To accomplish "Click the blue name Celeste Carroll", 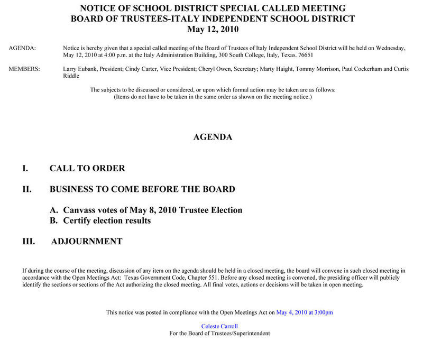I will [219, 326].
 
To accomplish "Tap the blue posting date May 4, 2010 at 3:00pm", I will [305, 312].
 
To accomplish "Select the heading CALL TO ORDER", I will [87, 169].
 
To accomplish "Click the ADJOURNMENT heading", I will [87, 242].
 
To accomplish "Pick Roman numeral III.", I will [29, 242].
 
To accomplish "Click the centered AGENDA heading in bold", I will [213, 137].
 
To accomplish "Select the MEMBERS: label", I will [24, 69].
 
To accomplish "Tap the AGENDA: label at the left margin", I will [23, 48].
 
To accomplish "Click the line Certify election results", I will [107, 220].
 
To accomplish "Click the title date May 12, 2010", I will [213, 29].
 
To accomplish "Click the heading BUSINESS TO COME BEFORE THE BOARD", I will [142, 189].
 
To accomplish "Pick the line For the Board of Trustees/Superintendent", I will [219, 334].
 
